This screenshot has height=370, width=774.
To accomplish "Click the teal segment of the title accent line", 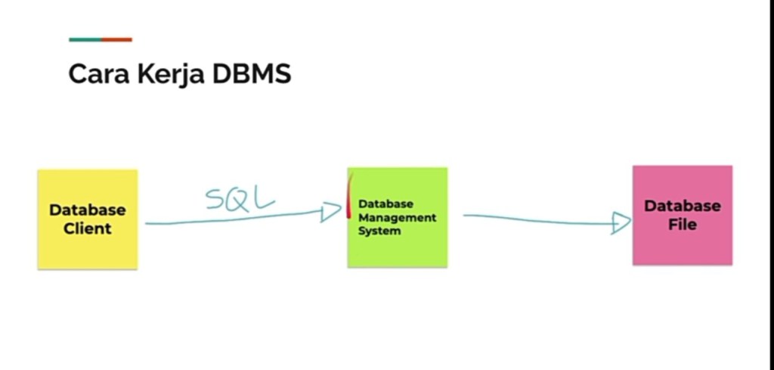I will click(x=85, y=39).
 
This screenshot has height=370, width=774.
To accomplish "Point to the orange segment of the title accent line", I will click(x=116, y=39).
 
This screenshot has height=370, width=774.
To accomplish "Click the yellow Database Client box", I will click(x=88, y=242).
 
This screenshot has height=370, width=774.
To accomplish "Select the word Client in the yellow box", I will click(x=88, y=229).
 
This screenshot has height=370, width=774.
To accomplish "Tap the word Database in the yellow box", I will click(x=88, y=210).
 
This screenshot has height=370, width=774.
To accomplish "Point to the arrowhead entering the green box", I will click(x=331, y=212).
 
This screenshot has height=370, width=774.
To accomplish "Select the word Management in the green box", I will click(x=398, y=217).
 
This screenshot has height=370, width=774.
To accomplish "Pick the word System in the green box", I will click(x=379, y=231).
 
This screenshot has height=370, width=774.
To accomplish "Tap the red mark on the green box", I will click(x=349, y=195).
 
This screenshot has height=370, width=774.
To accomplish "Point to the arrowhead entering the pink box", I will click(x=621, y=222).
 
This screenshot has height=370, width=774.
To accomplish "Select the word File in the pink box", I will click(x=682, y=225).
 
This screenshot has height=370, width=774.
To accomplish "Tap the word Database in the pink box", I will click(x=683, y=206).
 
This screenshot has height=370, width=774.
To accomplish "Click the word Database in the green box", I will click(x=385, y=204).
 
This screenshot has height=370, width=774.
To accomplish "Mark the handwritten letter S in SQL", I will click(x=215, y=199).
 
